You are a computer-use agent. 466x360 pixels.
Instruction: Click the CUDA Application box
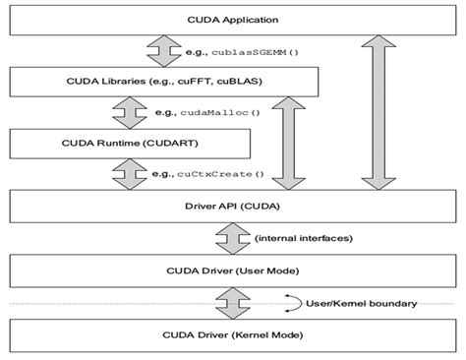tap(232, 20)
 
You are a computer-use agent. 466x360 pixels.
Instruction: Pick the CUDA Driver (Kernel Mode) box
tap(232, 336)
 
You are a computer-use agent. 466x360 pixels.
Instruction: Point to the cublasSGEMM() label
tap(245, 50)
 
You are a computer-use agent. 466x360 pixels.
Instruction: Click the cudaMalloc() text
tap(221, 112)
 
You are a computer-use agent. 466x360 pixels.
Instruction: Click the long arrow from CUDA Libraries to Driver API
tap(290, 143)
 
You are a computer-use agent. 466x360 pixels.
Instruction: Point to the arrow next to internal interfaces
tap(232, 237)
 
